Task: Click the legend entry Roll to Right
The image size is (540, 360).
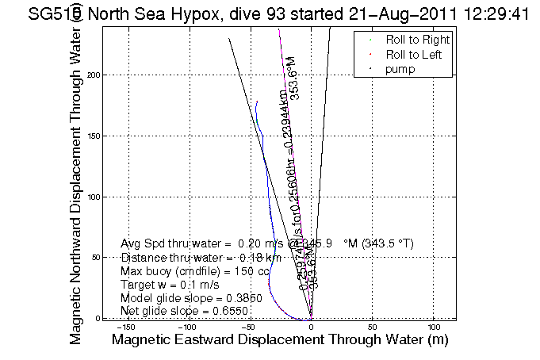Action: pyautogui.click(x=417, y=40)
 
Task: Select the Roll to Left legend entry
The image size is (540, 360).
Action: pyautogui.click(x=414, y=54)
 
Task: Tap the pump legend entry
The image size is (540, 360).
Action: pyautogui.click(x=400, y=69)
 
